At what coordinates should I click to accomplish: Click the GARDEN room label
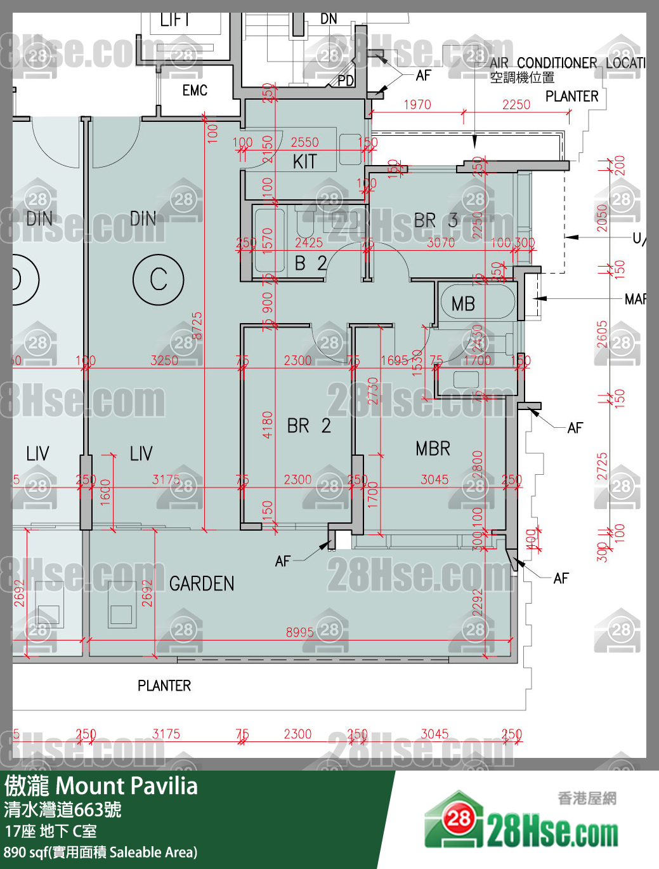click(x=202, y=583)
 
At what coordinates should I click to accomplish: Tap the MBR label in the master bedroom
click(x=433, y=449)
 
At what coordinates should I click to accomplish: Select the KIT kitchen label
click(x=304, y=162)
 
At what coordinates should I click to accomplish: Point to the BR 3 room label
click(x=436, y=221)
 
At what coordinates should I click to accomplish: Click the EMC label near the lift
click(x=195, y=91)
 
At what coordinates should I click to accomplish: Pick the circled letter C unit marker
click(x=159, y=279)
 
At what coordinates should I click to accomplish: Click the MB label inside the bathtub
click(x=463, y=304)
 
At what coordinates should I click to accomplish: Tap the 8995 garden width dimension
click(x=299, y=632)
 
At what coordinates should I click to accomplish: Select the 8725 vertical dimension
click(x=197, y=325)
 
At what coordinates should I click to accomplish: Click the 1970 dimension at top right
click(x=417, y=105)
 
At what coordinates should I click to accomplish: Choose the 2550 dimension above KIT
click(x=304, y=143)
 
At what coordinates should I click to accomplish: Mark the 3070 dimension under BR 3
click(x=441, y=242)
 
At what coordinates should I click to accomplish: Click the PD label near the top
click(x=346, y=81)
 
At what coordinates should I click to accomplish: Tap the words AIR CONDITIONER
click(x=544, y=63)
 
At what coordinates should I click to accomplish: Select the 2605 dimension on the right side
click(x=602, y=335)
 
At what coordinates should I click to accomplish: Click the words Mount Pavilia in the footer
click(x=127, y=786)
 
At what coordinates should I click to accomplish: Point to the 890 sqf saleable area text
click(x=100, y=852)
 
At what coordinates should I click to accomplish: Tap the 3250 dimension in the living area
click(x=164, y=361)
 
